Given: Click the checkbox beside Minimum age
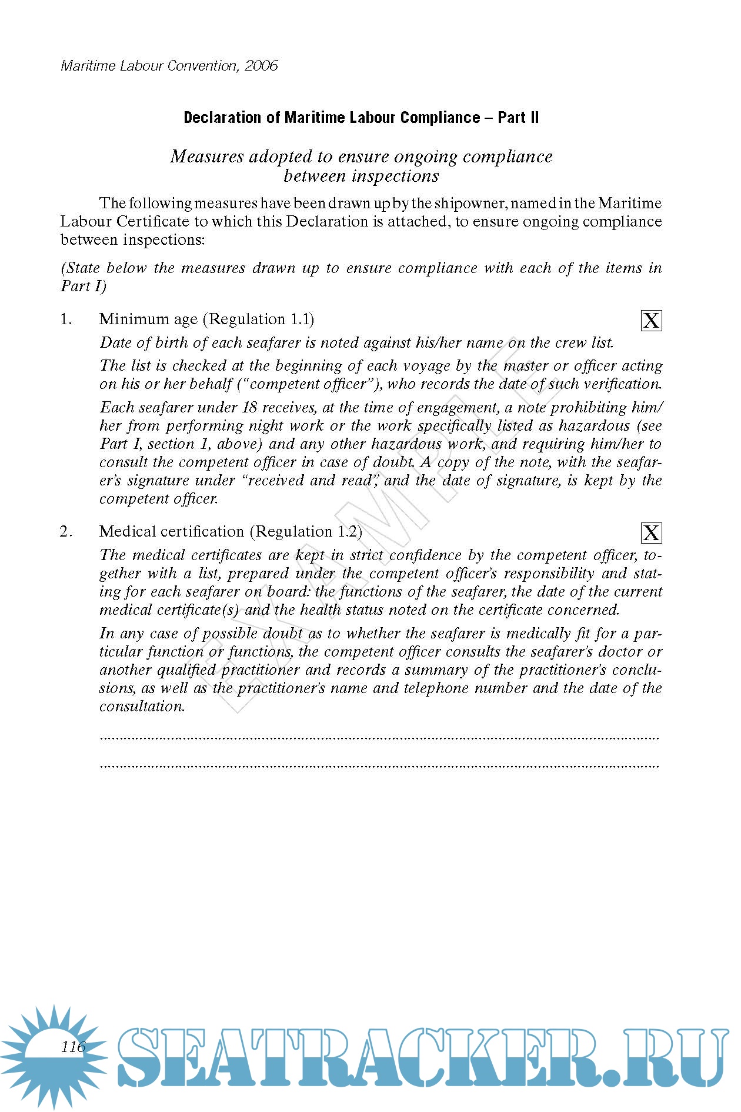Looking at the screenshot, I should pos(651,321).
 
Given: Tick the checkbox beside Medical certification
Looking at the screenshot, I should pos(651,533).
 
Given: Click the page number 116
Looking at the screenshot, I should pos(74,1047).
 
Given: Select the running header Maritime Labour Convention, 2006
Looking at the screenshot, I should pos(169,65).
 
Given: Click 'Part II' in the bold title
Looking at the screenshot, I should pos(518,118).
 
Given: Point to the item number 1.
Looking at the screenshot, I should pos(66,319).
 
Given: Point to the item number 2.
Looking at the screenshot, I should pos(66,532).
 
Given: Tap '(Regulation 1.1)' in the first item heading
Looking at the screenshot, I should pos(259,319).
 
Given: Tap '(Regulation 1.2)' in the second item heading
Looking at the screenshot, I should pos(306,532).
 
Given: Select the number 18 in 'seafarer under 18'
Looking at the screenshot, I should pos(250,407).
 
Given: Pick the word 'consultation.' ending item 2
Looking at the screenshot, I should pos(142,707).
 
